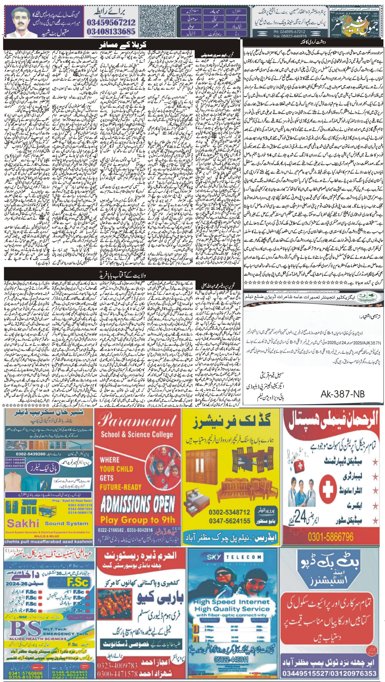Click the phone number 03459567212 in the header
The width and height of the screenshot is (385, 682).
111,22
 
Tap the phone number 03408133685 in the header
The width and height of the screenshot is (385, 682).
111,32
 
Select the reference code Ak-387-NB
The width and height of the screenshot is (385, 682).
342,393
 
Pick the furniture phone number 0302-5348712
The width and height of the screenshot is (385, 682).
229,512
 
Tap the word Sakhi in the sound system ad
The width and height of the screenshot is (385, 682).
23,523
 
